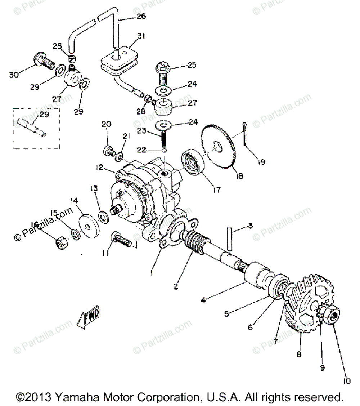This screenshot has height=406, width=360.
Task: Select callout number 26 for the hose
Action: (141, 17)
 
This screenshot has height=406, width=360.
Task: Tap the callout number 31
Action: (142, 36)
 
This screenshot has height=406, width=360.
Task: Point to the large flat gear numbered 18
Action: (220, 148)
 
